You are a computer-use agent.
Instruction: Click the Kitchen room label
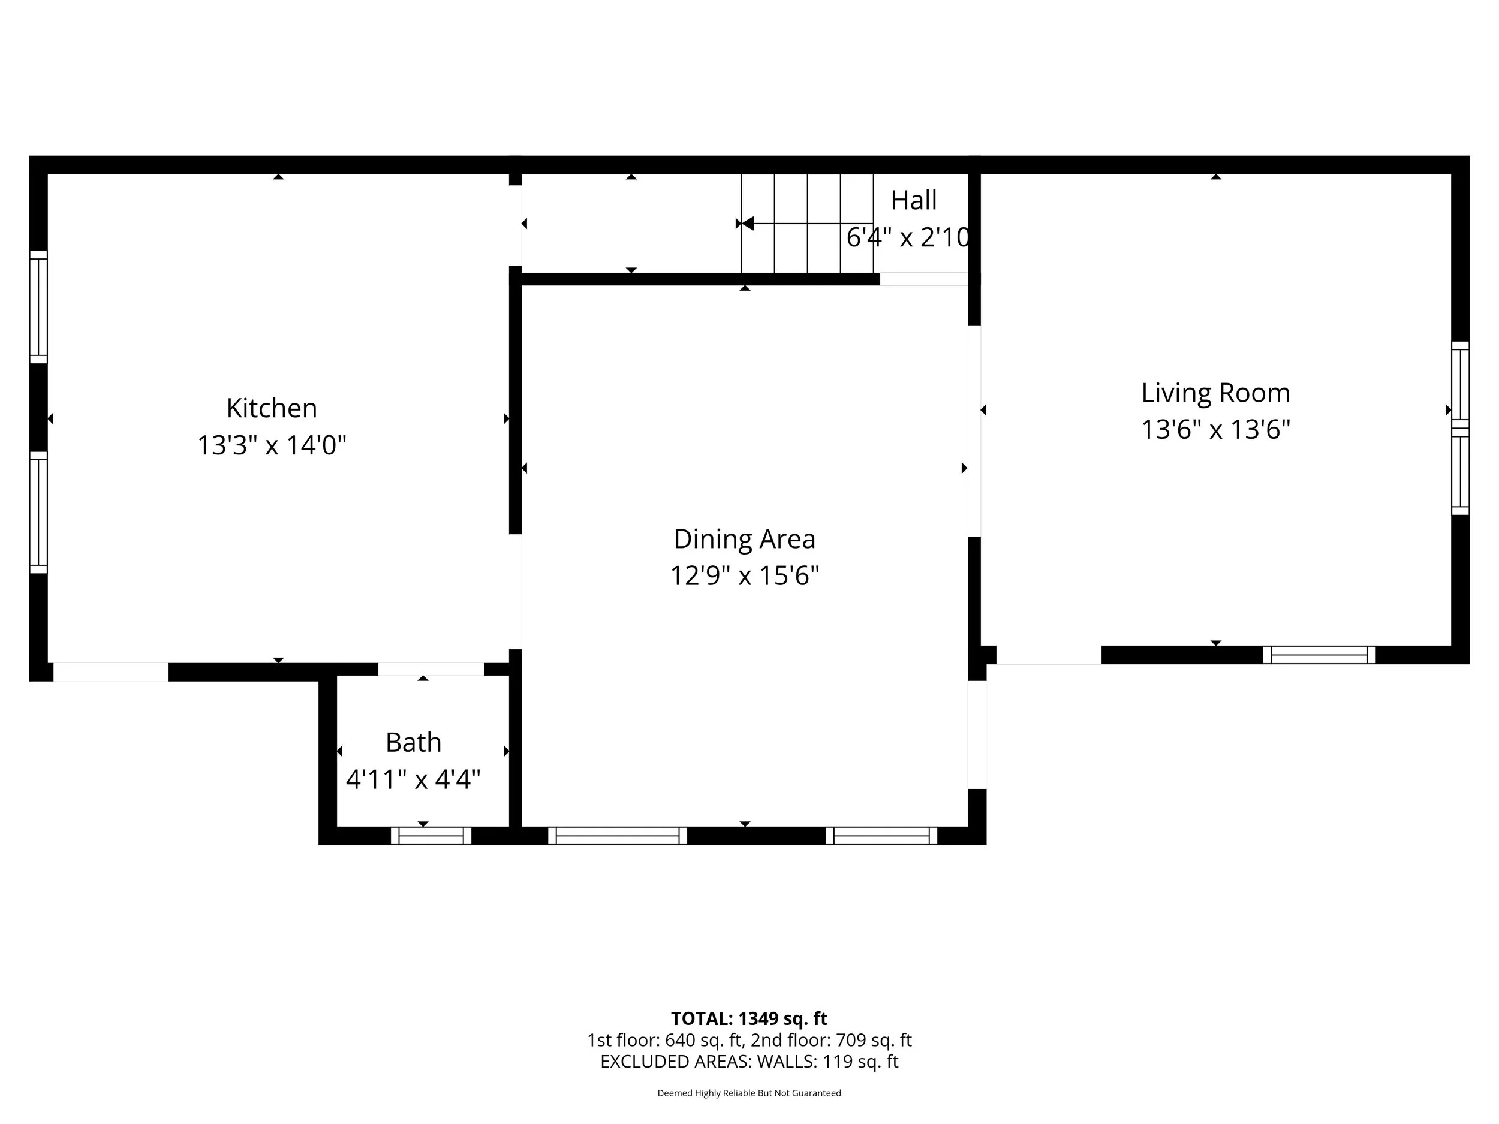pos(271,409)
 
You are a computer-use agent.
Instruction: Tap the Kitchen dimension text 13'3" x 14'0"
pos(271,446)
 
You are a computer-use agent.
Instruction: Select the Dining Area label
pos(744,540)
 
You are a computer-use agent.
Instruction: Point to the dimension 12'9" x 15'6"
pos(744,576)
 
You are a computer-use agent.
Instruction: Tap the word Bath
pos(413,743)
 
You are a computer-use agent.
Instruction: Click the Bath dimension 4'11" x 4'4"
pos(413,780)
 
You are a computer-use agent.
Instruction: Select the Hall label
pos(914,201)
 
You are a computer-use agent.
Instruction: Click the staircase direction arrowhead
pos(747,224)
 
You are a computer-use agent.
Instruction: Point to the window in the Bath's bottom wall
pos(431,836)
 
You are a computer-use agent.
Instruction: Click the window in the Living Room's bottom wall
pos(1319,655)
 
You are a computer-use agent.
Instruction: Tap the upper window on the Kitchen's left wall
pos(38,307)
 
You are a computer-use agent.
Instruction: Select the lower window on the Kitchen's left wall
pos(38,512)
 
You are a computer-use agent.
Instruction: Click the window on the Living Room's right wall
pos(1459,428)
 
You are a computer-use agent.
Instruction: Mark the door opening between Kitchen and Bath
pos(431,670)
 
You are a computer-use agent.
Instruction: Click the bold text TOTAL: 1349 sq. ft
pos(749,1019)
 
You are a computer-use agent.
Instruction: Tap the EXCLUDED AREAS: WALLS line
pos(749,1062)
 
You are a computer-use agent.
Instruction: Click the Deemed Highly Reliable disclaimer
pos(749,1093)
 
